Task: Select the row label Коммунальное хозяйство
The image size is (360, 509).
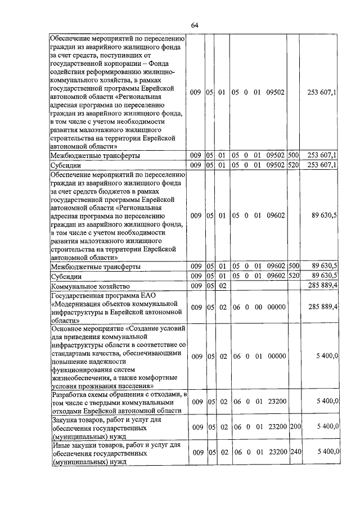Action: [91, 286]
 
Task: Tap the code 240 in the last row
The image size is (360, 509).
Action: [296, 453]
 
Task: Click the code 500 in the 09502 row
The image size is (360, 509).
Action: [293, 155]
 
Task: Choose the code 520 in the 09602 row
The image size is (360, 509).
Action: [293, 276]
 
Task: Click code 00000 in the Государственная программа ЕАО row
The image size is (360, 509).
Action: [276, 307]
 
